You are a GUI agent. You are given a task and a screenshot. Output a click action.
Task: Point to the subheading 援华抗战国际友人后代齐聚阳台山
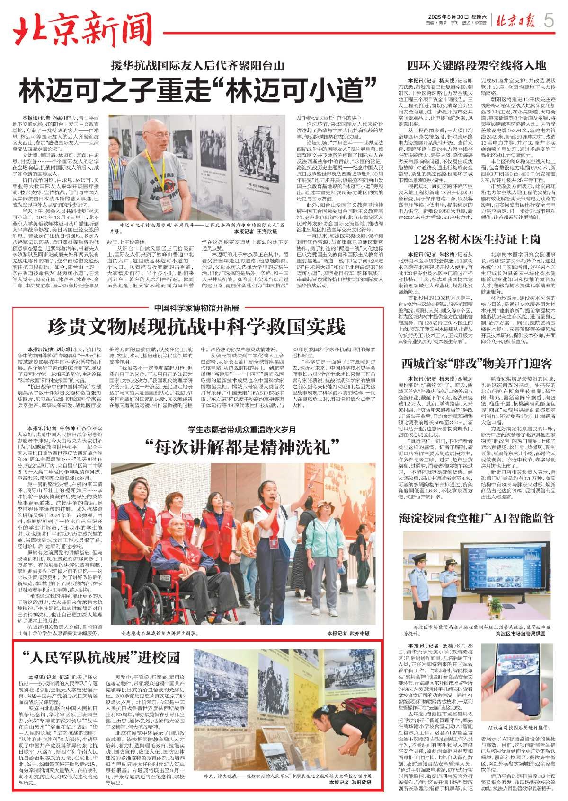coord(198,65)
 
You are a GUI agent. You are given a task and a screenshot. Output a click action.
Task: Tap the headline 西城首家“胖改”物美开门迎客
coord(477,364)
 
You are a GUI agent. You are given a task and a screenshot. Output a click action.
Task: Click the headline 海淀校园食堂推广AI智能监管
coord(477,518)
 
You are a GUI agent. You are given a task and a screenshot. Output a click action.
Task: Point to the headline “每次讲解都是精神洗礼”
coord(242,445)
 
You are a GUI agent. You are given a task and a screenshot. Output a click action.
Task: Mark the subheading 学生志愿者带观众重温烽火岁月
coord(242,429)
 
